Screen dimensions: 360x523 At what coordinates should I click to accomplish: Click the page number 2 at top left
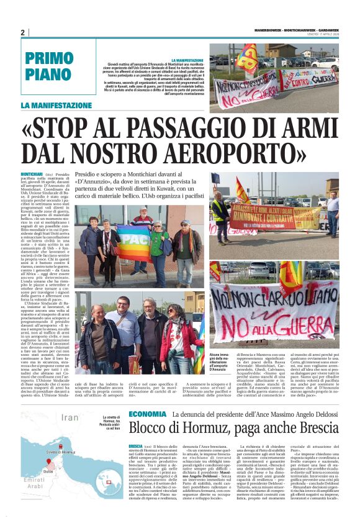(x=23, y=32)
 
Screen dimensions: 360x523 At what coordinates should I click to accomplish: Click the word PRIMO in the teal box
(x=50, y=60)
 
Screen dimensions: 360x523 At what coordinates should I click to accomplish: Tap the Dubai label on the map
(x=48, y=471)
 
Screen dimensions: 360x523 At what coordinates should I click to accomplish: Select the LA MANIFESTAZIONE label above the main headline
(x=56, y=106)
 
